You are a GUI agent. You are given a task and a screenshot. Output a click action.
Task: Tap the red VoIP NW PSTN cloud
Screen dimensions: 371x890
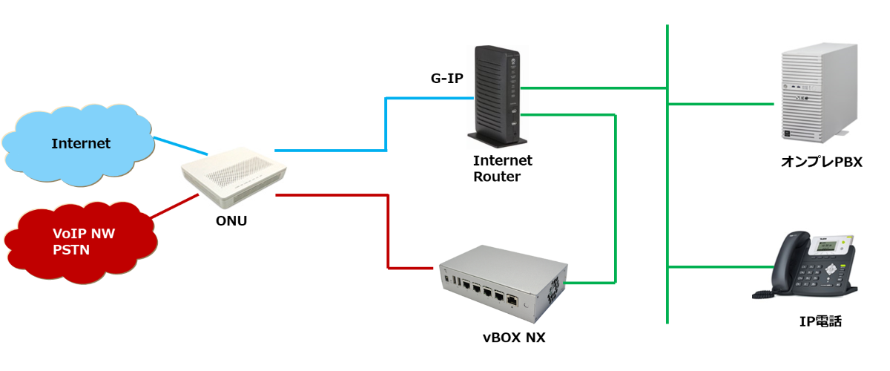pos(82,240)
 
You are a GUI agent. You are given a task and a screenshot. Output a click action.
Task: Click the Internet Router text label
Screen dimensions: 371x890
pos(502,168)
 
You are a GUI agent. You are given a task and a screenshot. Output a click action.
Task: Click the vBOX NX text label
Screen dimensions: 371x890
pos(514,338)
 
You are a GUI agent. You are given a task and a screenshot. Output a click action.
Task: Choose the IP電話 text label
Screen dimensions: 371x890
pos(820,321)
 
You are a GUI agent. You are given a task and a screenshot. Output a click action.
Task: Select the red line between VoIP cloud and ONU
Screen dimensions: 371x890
pos(175,207)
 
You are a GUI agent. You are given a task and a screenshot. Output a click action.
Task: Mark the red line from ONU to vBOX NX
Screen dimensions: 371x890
pos(388,230)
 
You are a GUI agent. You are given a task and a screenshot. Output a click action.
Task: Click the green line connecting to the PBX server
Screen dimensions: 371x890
pos(719,105)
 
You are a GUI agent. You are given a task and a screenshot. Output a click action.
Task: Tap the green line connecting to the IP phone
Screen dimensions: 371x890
pos(712,266)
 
